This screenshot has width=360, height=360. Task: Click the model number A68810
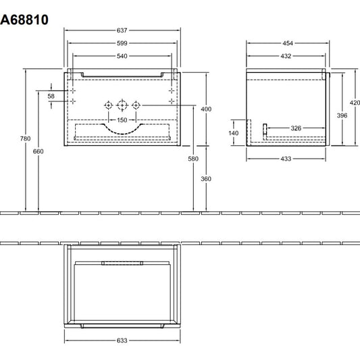(x=24, y=20)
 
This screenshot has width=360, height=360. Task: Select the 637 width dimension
(x=122, y=30)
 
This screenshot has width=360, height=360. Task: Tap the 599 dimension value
(x=122, y=43)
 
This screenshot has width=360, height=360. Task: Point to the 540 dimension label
(x=122, y=56)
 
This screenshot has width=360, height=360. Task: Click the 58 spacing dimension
(x=51, y=96)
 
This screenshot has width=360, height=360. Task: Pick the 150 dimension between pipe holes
(x=122, y=120)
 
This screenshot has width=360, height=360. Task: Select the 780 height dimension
(x=25, y=138)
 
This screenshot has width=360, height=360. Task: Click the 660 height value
(x=38, y=151)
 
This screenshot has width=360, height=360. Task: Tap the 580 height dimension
(x=193, y=159)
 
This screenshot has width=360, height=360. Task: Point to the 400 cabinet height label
(x=206, y=109)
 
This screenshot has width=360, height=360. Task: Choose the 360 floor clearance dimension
(x=206, y=179)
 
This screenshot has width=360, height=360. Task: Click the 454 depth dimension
(x=288, y=43)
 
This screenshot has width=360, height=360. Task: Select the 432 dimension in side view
(x=286, y=56)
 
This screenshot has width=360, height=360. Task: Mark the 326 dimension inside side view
(x=296, y=128)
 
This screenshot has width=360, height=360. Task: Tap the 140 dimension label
(x=234, y=133)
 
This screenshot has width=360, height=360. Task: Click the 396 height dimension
(x=342, y=115)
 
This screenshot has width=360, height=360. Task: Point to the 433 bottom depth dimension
(x=286, y=159)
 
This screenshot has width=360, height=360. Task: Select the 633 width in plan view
(x=122, y=340)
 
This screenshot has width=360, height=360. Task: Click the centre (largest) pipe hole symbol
(x=122, y=105)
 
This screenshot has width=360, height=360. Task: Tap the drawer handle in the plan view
(x=122, y=263)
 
